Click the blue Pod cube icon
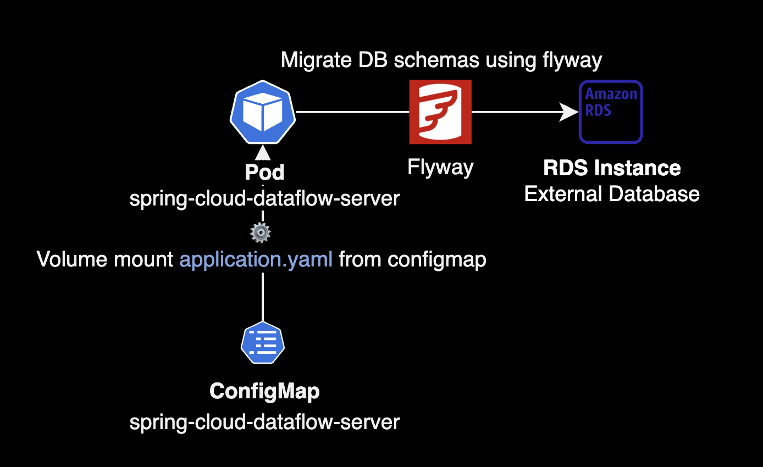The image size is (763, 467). click(263, 112)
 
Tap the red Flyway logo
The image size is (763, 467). click(440, 112)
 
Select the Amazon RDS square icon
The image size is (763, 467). click(611, 112)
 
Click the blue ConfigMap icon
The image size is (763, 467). click(263, 343)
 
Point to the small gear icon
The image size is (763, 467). click(260, 233)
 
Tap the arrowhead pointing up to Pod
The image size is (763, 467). click(263, 152)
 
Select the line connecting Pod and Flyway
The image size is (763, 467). click(352, 112)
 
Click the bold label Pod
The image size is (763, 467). click(264, 173)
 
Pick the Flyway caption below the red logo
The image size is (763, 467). click(440, 167)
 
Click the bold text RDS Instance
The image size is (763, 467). click(612, 168)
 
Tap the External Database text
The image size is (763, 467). click(612, 194)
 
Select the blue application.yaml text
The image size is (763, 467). click(256, 259)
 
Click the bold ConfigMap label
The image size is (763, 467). click(264, 392)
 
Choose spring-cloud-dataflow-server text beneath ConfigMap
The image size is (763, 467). click(264, 422)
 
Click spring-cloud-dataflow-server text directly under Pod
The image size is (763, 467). click(264, 198)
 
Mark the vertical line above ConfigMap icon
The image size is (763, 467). click(263, 297)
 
